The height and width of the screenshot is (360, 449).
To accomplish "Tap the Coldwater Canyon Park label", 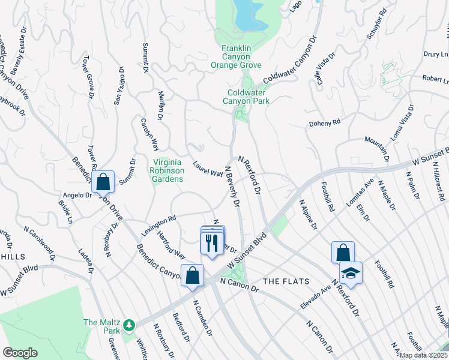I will click(x=248, y=97).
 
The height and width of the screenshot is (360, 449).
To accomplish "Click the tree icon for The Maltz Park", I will click(x=128, y=325).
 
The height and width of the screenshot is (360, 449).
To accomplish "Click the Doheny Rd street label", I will click(x=324, y=122).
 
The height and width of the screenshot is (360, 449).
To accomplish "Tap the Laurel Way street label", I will click(x=208, y=169).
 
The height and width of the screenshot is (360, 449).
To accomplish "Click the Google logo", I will click(x=20, y=352).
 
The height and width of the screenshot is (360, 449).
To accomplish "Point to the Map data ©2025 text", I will click(x=423, y=355).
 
